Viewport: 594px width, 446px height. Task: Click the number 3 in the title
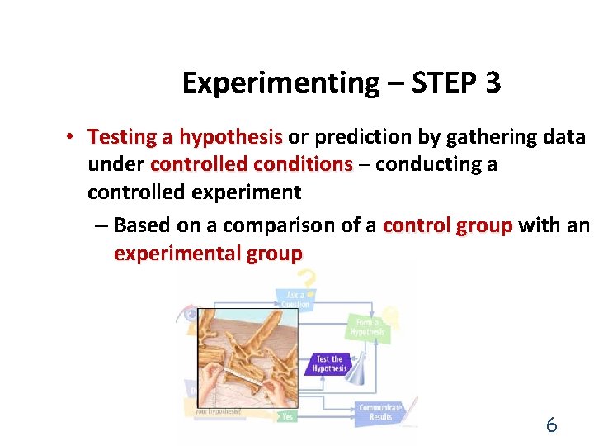tap(493, 83)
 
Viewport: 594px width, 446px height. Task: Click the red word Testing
tap(130, 136)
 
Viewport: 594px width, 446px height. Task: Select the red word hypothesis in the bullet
tap(231, 136)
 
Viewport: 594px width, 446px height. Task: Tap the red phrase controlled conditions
tap(252, 164)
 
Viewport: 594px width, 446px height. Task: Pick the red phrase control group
tap(448, 225)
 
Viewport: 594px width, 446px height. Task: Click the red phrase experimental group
tap(208, 254)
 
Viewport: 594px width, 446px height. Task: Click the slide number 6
tap(551, 425)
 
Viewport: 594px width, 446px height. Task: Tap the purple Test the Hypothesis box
tap(329, 364)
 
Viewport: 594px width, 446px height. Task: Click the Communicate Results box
tap(380, 412)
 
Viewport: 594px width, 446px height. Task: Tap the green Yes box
tap(287, 417)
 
